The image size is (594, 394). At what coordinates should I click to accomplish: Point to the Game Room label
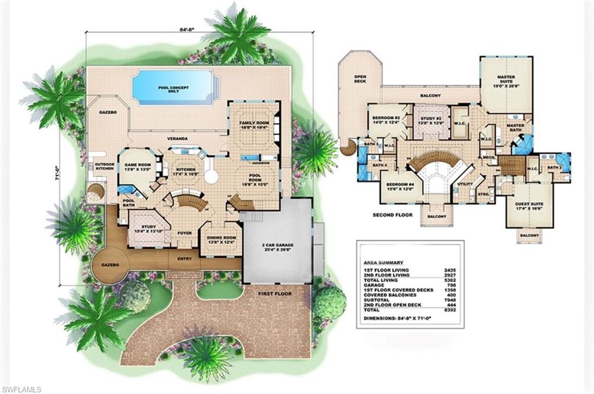click(x=137, y=168)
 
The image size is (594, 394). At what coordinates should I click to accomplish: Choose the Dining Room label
click(x=220, y=239)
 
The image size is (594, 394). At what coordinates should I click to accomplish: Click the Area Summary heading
click(x=383, y=262)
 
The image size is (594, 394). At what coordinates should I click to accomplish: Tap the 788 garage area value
click(x=448, y=284)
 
